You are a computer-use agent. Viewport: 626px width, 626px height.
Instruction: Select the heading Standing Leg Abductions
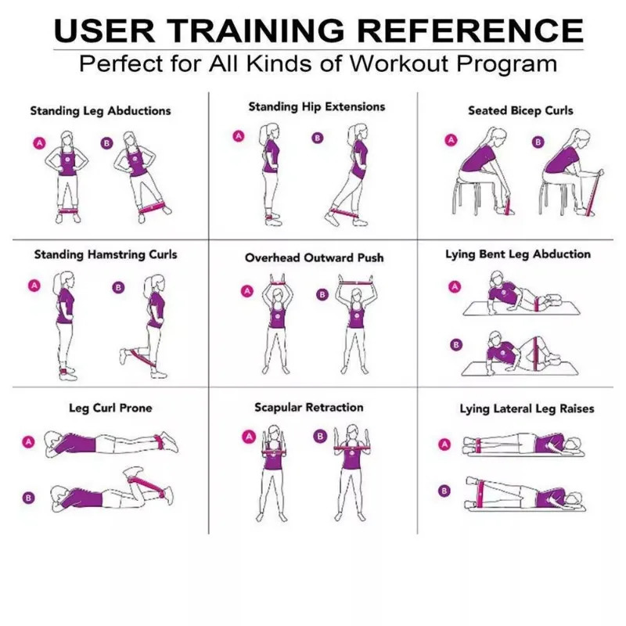coord(100,110)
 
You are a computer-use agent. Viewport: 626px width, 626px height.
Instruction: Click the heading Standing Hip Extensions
coord(317,106)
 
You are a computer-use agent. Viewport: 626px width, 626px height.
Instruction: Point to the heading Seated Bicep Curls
coord(520,110)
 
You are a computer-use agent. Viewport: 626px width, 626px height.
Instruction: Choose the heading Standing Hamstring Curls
coord(106,254)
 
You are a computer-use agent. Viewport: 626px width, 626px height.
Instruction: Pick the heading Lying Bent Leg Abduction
coord(518,254)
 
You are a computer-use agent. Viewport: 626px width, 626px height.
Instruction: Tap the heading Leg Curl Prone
coord(110,408)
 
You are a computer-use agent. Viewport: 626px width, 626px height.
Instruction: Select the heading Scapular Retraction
coord(308,408)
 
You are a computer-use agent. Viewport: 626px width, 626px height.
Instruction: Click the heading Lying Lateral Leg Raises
coord(527,408)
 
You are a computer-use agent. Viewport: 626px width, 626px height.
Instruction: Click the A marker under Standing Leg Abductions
coord(38,142)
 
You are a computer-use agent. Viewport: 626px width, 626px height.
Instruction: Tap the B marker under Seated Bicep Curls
coord(538,142)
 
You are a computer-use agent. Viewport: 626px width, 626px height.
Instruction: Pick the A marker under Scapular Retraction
coord(249,437)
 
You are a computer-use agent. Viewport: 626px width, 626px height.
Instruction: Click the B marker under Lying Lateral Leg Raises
coord(445,491)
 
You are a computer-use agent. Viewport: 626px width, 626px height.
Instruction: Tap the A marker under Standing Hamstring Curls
coord(34,286)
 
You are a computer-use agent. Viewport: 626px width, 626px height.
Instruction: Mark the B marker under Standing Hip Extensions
coord(317,139)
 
